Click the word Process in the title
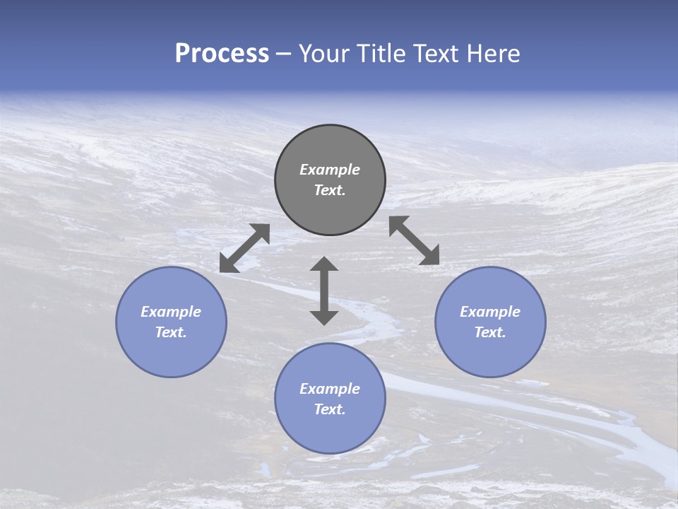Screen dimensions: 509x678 pyautogui.click(x=222, y=54)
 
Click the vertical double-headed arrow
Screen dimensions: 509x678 pyautogui.click(x=324, y=291)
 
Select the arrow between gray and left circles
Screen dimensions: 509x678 pyautogui.click(x=244, y=248)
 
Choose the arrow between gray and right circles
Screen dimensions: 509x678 pyautogui.click(x=414, y=240)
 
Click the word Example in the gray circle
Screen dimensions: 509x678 pyautogui.click(x=330, y=170)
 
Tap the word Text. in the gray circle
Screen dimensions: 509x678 pyautogui.click(x=330, y=190)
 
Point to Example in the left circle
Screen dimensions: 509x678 pyautogui.click(x=171, y=312)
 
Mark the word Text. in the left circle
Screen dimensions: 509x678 pyautogui.click(x=171, y=332)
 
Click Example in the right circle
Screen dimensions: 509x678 pyautogui.click(x=490, y=312)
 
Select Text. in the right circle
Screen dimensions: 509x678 pyautogui.click(x=490, y=332)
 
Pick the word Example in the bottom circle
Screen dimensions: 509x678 pyautogui.click(x=330, y=389)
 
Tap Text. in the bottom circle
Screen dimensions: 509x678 pyautogui.click(x=330, y=409)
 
